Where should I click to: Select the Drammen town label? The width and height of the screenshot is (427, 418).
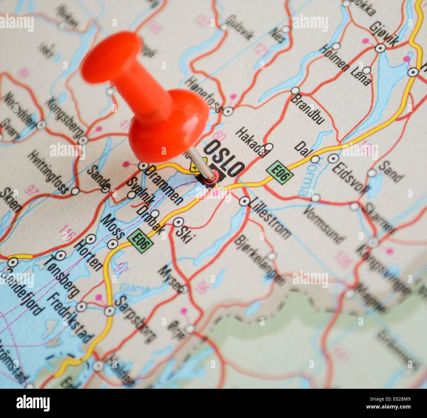click(x=164, y=185)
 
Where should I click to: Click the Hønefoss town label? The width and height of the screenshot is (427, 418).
click(x=203, y=94)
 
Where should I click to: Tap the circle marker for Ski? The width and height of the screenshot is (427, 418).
click(x=178, y=222)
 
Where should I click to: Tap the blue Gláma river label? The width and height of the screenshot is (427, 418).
click(x=134, y=289)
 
